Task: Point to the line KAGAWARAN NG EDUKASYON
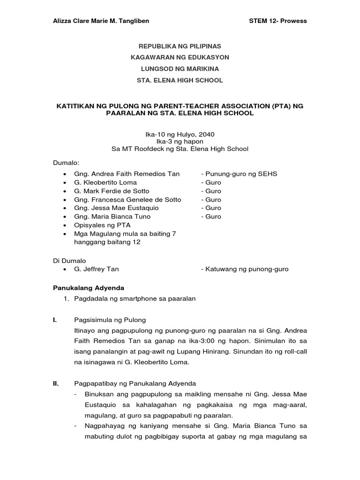click(180, 58)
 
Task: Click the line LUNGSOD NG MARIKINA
click(180, 69)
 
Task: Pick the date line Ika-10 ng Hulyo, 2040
click(180, 134)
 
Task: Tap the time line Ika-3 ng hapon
click(180, 142)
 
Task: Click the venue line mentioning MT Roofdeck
click(180, 149)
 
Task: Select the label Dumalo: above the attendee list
click(66, 163)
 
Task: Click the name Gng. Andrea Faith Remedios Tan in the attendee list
click(127, 174)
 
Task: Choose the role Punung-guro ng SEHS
click(239, 174)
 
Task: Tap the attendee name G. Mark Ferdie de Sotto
click(112, 191)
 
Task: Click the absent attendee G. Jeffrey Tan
click(96, 269)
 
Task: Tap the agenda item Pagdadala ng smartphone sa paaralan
click(135, 299)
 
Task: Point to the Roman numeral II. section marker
click(55, 383)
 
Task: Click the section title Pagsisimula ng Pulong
click(110, 320)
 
